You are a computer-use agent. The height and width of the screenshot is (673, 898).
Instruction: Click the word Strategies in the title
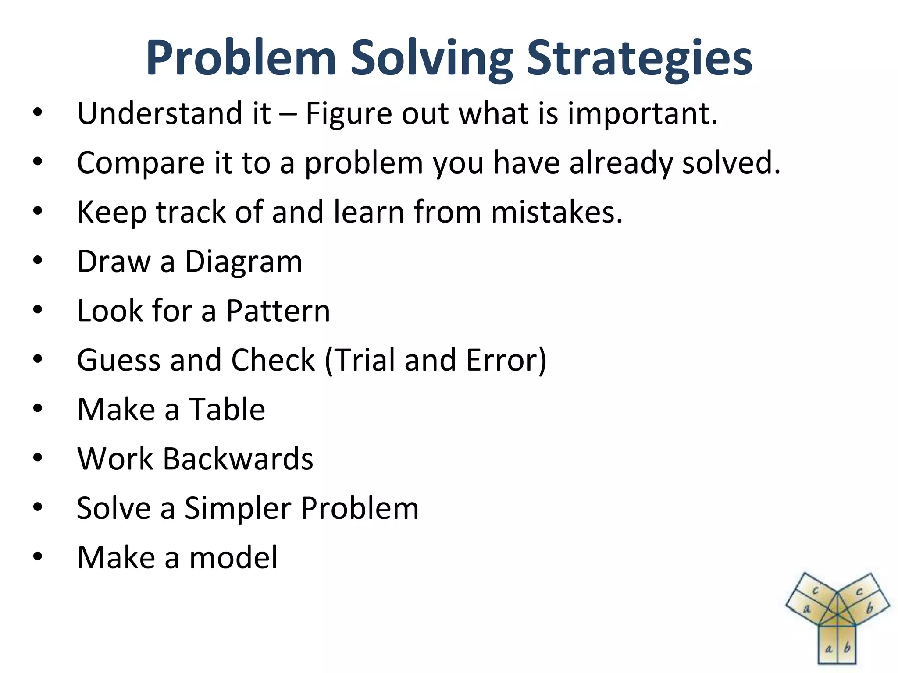tap(639, 59)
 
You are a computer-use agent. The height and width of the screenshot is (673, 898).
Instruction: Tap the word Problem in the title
tap(241, 59)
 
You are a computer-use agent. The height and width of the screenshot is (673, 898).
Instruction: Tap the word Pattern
tap(278, 311)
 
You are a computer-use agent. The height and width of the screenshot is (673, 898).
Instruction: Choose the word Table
tap(227, 410)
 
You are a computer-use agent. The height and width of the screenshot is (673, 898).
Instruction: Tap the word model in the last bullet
tap(233, 558)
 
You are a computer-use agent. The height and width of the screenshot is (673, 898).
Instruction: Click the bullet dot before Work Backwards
tap(38, 458)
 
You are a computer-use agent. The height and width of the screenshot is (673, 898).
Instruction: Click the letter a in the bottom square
tap(828, 648)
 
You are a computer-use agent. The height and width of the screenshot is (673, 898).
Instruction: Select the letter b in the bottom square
tap(847, 647)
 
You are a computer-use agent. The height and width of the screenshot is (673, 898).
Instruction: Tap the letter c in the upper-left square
tap(816, 590)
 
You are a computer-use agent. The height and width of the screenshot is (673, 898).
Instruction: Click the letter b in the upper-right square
tap(870, 608)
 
